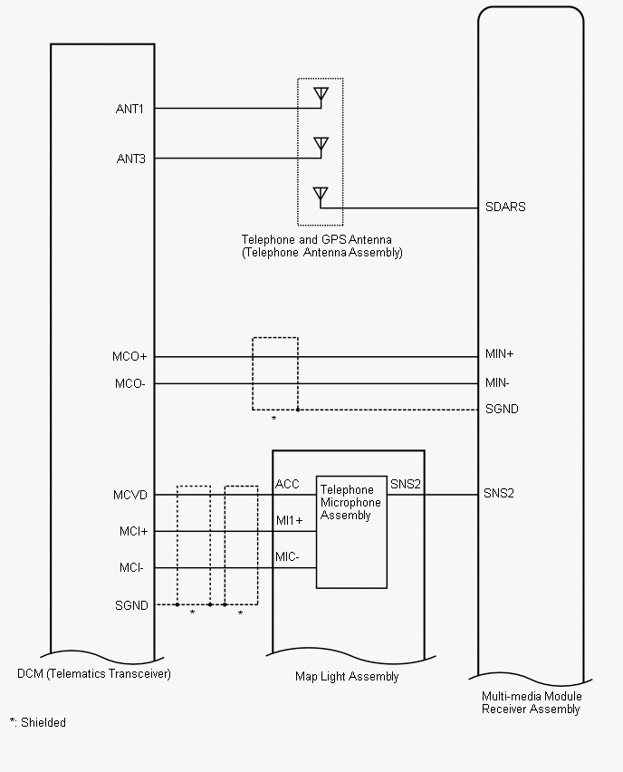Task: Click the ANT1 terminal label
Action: coord(129,110)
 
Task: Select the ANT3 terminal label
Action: coord(129,159)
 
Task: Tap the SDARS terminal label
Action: coord(504,207)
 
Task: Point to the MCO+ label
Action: coord(130,357)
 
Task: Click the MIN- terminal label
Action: coord(497,383)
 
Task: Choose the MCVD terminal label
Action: coord(130,496)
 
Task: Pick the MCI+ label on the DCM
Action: coord(133,532)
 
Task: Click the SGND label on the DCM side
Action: coord(131,605)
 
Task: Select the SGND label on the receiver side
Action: coord(502,410)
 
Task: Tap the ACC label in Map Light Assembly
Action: coord(287,485)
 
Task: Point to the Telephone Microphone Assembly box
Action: coord(351,535)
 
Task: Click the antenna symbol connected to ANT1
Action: coord(320,93)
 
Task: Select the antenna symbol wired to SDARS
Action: coord(320,193)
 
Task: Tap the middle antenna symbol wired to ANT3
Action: coord(320,143)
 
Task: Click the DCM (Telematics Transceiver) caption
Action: coord(94,674)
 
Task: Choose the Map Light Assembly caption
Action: coord(347,677)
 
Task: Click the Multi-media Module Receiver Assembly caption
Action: coord(532,703)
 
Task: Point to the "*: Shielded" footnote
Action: coord(38,723)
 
